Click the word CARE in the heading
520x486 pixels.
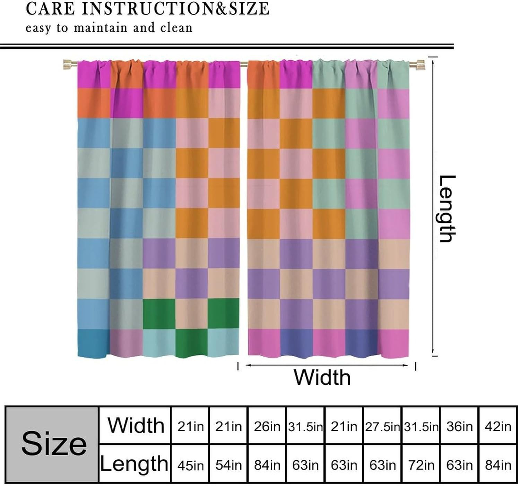(51, 9)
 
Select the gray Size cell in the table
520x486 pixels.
(52, 444)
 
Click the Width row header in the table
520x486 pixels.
(135, 425)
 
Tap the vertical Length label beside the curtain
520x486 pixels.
(447, 209)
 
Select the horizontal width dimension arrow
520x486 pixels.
(327, 365)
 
